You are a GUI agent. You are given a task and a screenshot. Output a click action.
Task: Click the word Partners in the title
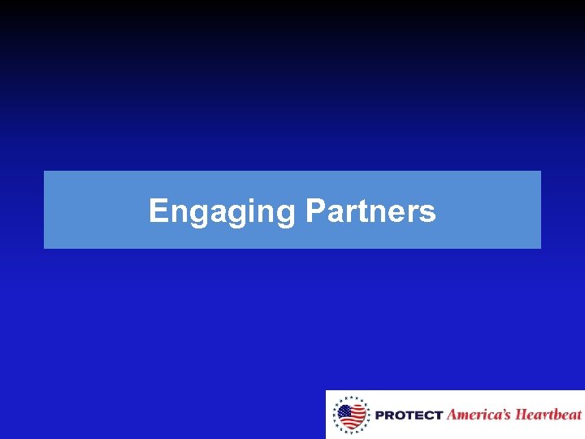(x=370, y=211)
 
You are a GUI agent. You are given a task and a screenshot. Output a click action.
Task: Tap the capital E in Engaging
(x=158, y=211)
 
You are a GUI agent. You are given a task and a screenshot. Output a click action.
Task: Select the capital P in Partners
(x=314, y=211)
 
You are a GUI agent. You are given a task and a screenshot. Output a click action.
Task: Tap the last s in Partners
(x=428, y=214)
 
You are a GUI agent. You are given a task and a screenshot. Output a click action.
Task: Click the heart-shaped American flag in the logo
(x=351, y=415)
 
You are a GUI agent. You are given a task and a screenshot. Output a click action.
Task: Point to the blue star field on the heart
(x=345, y=410)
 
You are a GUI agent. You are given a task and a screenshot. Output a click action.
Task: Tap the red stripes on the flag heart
(x=356, y=418)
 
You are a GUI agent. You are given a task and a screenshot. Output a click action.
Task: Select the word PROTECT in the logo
(x=409, y=415)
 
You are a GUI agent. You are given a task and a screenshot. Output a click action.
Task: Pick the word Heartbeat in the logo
(x=549, y=415)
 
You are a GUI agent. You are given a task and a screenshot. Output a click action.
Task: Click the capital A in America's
(x=453, y=415)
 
